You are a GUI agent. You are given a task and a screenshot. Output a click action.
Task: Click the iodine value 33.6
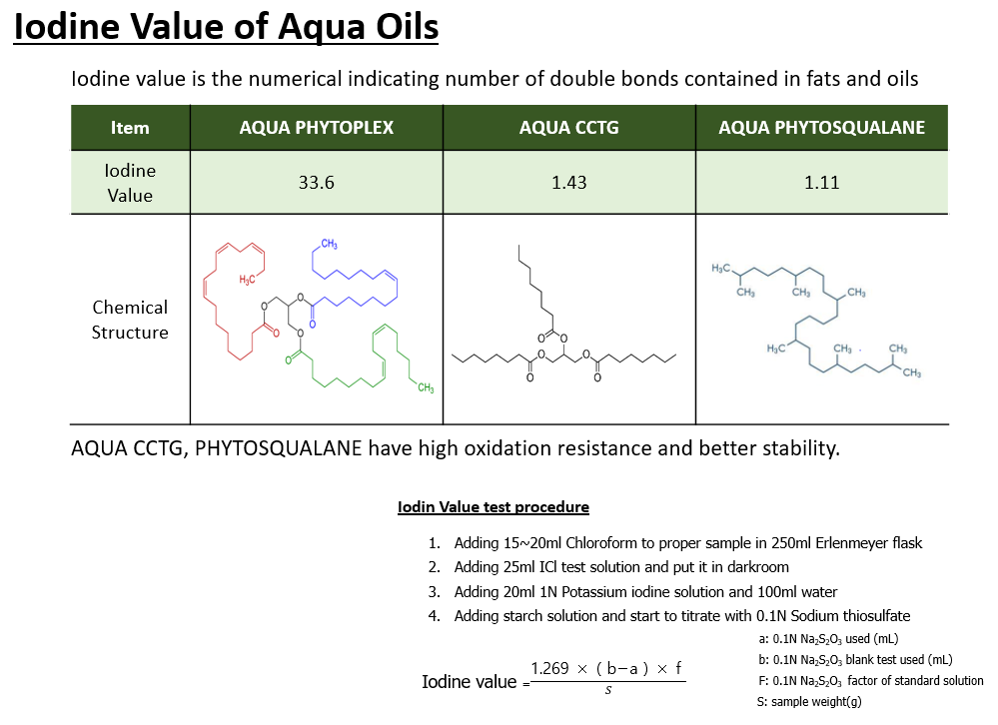click(316, 183)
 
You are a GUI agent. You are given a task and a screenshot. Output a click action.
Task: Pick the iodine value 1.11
click(821, 183)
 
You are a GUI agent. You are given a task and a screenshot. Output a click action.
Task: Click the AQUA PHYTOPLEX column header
click(316, 128)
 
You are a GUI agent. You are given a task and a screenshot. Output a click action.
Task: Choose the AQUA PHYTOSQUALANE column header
click(821, 128)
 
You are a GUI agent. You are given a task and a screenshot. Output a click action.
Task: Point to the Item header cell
click(130, 128)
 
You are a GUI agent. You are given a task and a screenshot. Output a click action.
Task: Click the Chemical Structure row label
click(130, 320)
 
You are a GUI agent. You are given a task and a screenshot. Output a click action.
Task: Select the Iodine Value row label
click(130, 183)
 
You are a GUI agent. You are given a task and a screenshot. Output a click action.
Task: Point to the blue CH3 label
click(329, 245)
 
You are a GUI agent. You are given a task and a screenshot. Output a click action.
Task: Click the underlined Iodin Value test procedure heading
click(493, 507)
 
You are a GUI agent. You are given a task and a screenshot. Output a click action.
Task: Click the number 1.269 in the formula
click(550, 668)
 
